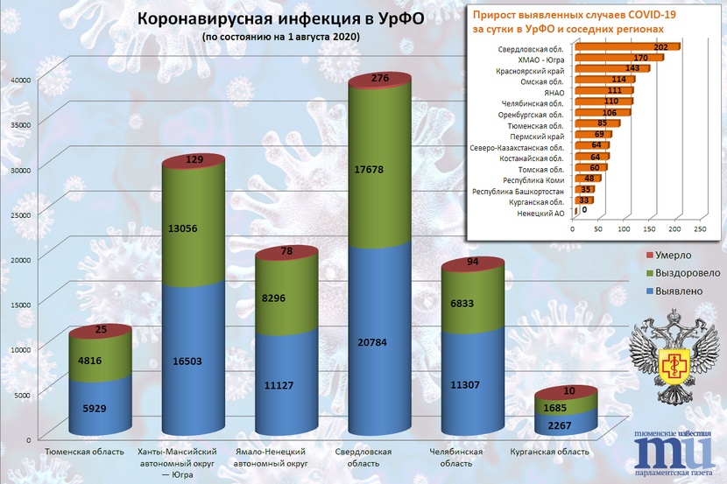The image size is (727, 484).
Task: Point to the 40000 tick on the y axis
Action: (x=20, y=80)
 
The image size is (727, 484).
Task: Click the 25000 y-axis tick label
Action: (x=20, y=214)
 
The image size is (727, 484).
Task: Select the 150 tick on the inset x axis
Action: (x=648, y=230)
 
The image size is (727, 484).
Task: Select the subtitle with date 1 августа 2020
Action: (x=279, y=39)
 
